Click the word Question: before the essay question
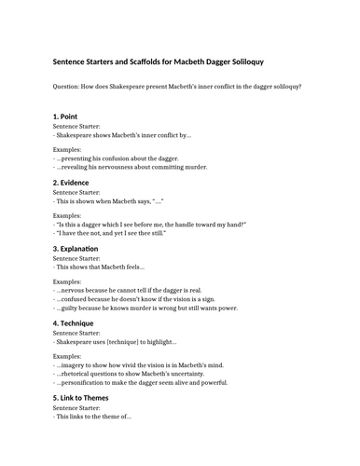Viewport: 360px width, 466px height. pyautogui.click(x=71, y=87)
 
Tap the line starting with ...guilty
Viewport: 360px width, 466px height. pyautogui.click(x=141, y=308)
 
